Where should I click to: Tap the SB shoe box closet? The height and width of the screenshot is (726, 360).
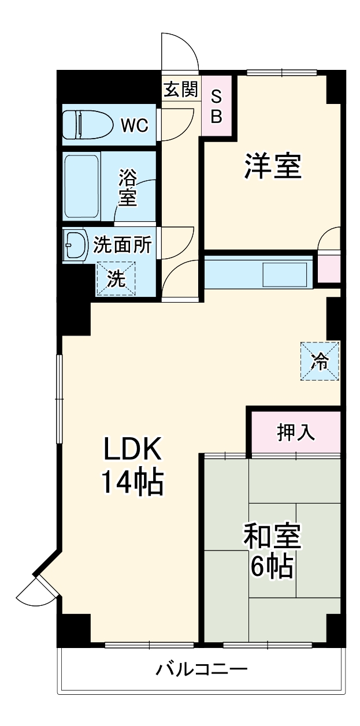click(x=216, y=106)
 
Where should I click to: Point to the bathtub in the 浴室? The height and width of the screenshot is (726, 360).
click(x=82, y=185)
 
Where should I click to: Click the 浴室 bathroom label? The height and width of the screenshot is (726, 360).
click(x=128, y=187)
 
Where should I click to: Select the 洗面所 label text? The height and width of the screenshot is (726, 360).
click(x=123, y=245)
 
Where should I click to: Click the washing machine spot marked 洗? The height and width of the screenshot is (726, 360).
click(x=116, y=280)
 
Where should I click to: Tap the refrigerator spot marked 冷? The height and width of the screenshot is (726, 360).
click(x=319, y=361)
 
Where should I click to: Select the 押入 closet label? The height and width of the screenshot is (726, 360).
click(x=296, y=433)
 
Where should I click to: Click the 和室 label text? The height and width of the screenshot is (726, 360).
click(x=272, y=537)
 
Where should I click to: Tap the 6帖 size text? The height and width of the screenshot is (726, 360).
click(x=272, y=568)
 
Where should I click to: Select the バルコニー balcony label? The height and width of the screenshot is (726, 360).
click(x=202, y=670)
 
